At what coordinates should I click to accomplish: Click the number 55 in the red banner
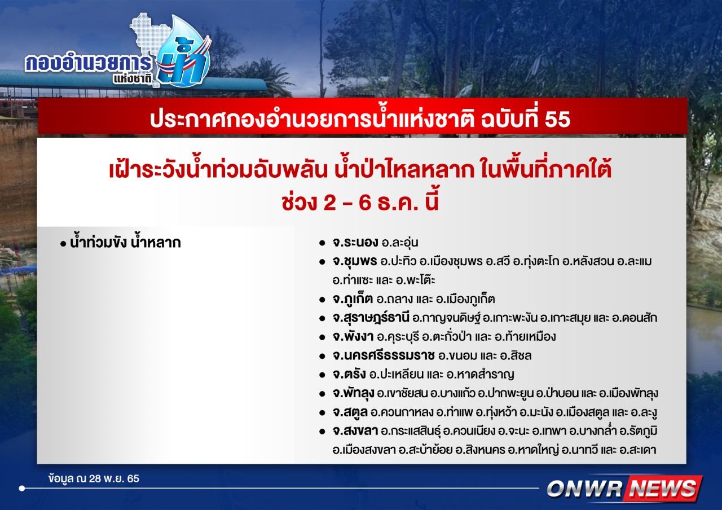tap(558, 119)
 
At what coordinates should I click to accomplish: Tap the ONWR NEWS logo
tap(624, 489)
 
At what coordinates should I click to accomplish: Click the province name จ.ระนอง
tap(355, 243)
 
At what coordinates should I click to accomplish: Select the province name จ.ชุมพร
tap(355, 261)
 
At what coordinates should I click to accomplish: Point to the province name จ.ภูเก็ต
tap(353, 299)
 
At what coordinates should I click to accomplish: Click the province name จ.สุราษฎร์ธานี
tap(371, 318)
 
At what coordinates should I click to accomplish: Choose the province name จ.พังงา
tap(353, 337)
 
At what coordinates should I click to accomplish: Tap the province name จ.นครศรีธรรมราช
tap(384, 355)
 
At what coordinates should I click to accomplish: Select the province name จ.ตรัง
tap(349, 374)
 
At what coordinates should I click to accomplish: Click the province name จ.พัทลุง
tap(353, 393)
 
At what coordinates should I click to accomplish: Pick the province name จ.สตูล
tap(350, 412)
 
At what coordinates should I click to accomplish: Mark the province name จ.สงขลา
tap(355, 431)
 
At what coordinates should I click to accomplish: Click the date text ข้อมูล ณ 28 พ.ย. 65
tap(94, 478)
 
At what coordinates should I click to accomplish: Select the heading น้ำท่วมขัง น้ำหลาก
tap(125, 243)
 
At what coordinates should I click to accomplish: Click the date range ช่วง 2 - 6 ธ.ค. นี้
tap(360, 203)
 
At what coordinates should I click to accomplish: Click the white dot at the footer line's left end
tap(22, 488)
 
